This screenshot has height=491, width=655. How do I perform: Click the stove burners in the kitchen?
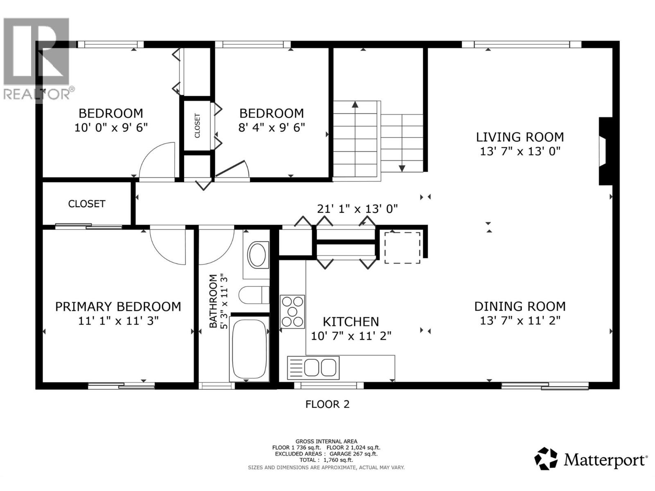pos(292,312)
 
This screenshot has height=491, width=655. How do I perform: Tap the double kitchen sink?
pos(313,368)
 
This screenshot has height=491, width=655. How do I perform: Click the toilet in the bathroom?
pos(254,295)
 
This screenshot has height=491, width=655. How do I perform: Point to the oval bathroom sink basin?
pos(257,255)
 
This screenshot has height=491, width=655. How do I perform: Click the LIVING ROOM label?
pos(520,137)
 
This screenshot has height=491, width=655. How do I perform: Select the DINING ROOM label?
pos(520,306)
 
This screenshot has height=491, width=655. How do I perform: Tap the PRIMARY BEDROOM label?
pos(118,306)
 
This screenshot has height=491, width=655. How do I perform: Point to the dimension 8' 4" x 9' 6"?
pos(271,128)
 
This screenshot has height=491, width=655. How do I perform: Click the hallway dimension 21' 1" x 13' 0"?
pos(357,209)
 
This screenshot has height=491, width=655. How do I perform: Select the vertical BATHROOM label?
pos(213,301)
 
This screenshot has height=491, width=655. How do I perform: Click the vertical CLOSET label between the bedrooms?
pos(197,126)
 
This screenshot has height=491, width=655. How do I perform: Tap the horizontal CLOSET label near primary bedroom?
pos(86,204)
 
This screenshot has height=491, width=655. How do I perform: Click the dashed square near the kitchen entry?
pos(402,248)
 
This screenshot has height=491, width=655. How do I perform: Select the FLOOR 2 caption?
pos(327,404)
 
